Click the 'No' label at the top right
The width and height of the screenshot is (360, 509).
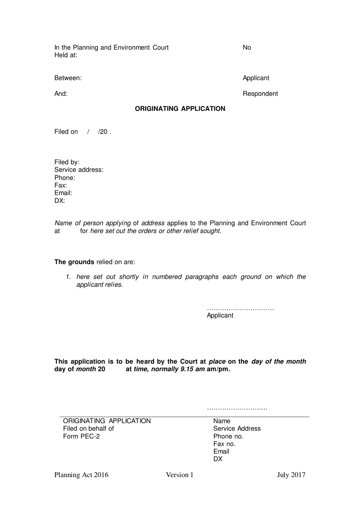pyautogui.click(x=247, y=47)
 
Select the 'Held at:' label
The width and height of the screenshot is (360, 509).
pyautogui.click(x=66, y=55)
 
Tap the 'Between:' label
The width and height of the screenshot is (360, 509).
pyautogui.click(x=68, y=78)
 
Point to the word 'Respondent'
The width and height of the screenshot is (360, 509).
pyautogui.click(x=260, y=94)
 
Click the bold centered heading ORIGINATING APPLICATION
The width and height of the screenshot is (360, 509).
pyautogui.click(x=180, y=108)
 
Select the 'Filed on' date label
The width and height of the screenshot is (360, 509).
pyautogui.click(x=66, y=132)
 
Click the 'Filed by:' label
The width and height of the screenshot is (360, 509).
pyautogui.click(x=67, y=162)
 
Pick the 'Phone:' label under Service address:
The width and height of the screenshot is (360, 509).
pyautogui.click(x=64, y=178)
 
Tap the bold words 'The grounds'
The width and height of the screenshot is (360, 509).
pyautogui.click(x=74, y=262)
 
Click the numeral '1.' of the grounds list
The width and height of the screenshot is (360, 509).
pyautogui.click(x=68, y=277)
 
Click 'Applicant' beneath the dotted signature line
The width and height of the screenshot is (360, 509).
pyautogui.click(x=220, y=316)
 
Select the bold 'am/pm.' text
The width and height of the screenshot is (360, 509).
pyautogui.click(x=218, y=369)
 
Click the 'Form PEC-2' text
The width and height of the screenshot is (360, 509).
pyautogui.click(x=81, y=436)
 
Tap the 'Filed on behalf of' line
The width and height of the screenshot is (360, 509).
pyautogui.click(x=88, y=429)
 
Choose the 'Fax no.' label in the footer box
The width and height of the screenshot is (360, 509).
pyautogui.click(x=224, y=444)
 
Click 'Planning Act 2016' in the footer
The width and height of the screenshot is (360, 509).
pyautogui.click(x=81, y=475)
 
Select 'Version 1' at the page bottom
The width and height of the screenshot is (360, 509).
pyautogui.click(x=180, y=475)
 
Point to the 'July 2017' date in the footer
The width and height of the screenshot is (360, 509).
pyautogui.click(x=291, y=475)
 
